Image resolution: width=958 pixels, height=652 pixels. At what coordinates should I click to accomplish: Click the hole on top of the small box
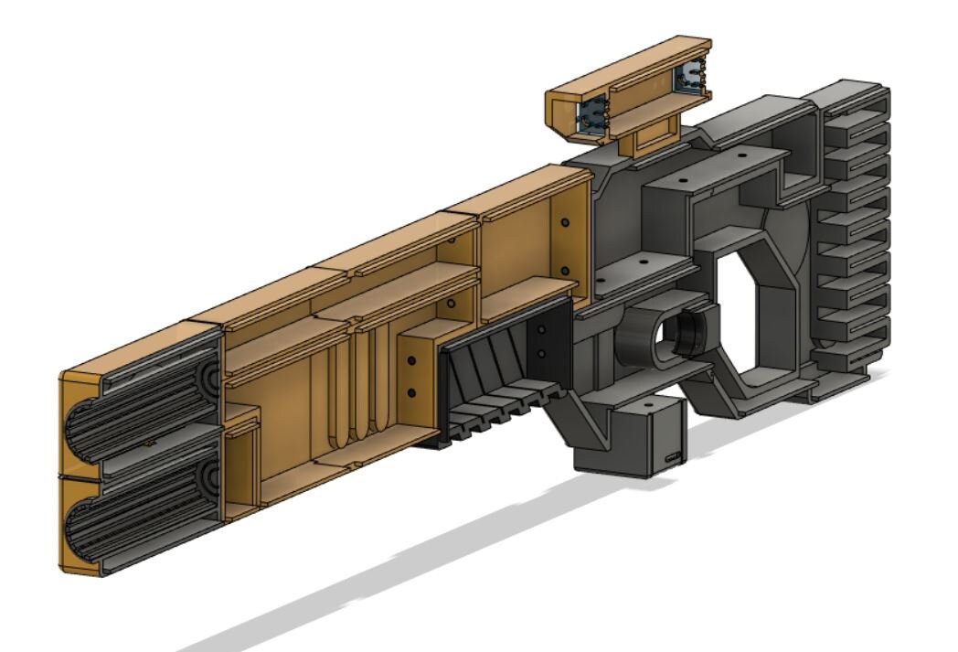(x=647, y=404)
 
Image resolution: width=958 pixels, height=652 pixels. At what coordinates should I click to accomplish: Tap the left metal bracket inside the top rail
(x=589, y=120)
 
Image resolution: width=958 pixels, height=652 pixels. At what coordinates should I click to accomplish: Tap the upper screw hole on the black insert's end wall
(x=541, y=329)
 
